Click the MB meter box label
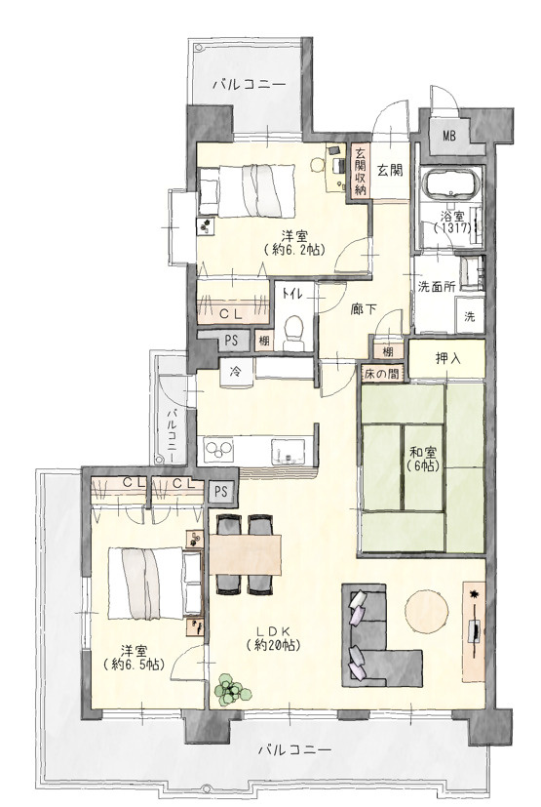point(449,137)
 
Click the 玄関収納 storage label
point(360,172)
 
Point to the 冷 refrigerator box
point(236,371)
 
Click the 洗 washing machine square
point(470,316)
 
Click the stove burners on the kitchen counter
point(218,450)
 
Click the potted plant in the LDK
point(232,690)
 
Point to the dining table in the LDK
point(246,555)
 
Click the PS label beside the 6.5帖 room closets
point(220,492)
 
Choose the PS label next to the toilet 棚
point(231,341)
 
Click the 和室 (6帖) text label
point(423,460)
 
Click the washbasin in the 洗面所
point(472,273)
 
